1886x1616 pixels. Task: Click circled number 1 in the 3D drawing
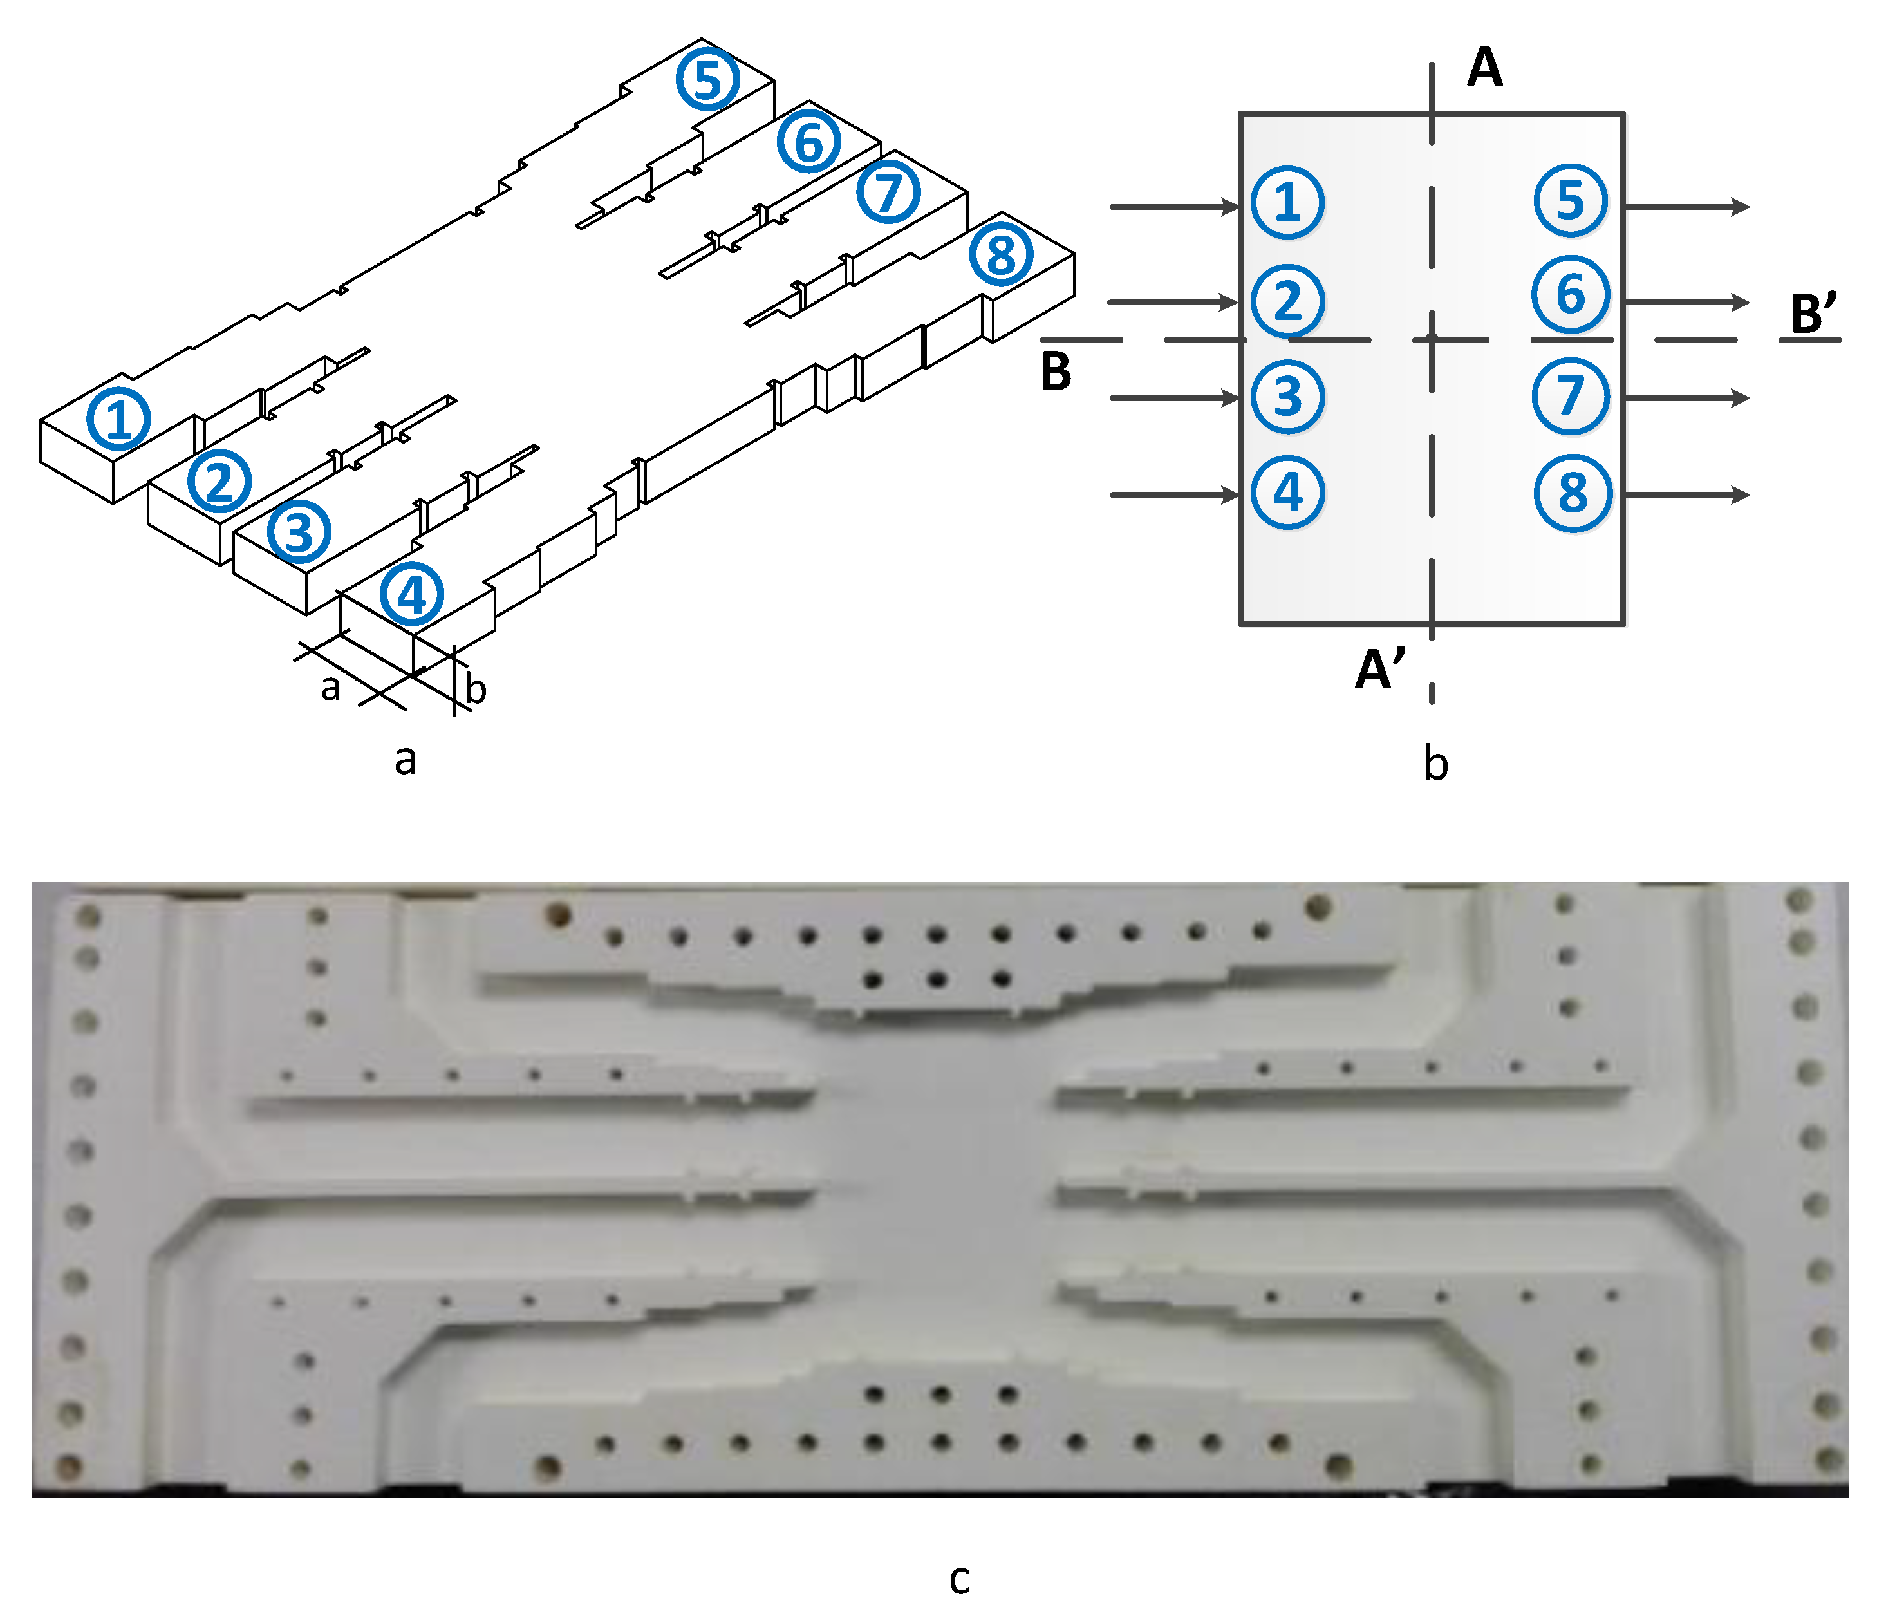[118, 418]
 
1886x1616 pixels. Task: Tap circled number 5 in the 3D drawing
[707, 79]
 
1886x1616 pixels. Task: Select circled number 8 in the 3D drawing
[1000, 253]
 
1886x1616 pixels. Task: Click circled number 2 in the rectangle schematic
[1287, 301]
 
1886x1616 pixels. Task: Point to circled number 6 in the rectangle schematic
[1570, 295]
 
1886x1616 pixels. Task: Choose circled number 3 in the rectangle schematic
[1287, 397]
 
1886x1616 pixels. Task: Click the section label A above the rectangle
[1484, 68]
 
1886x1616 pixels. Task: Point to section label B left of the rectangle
[1056, 371]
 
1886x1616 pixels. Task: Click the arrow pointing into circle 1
[1174, 207]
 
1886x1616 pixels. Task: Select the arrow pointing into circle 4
[1174, 494]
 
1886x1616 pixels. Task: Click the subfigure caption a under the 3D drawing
[405, 759]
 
